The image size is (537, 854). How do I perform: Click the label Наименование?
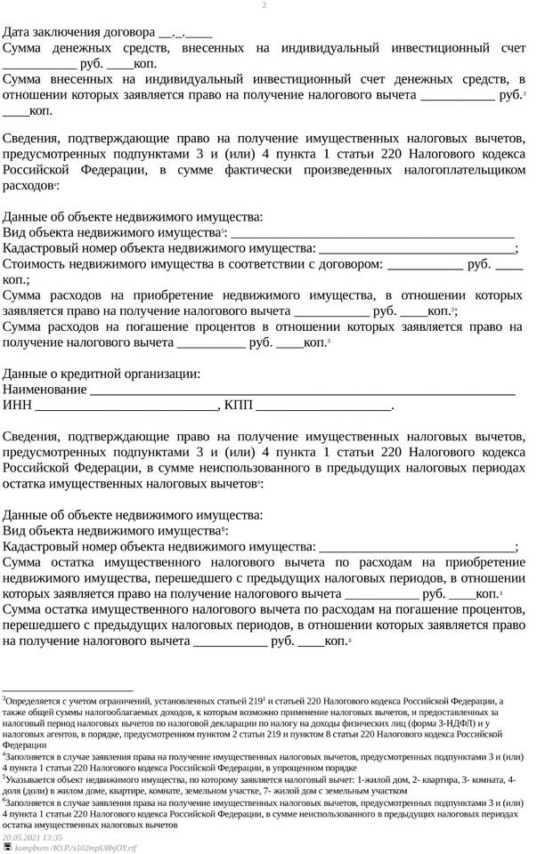(45, 390)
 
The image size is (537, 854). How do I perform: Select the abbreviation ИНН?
(17, 406)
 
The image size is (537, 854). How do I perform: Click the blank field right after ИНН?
(126, 407)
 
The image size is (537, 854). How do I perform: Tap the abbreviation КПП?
(239, 406)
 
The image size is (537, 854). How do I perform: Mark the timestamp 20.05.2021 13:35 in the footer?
(33, 837)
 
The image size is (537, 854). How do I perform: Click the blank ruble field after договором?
(426, 265)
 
